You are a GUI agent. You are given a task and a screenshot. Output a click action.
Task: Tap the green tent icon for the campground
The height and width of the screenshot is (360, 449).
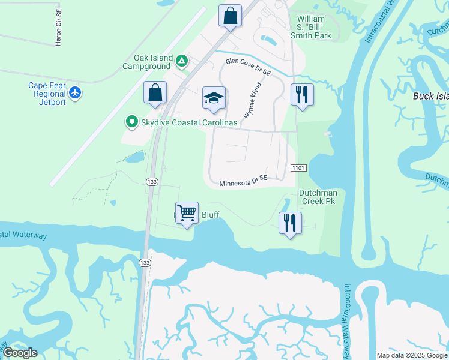click(182, 60)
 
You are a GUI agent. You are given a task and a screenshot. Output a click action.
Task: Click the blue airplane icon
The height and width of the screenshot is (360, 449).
click(75, 93)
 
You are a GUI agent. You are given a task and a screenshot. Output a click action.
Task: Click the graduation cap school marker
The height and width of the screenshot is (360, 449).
click(214, 99)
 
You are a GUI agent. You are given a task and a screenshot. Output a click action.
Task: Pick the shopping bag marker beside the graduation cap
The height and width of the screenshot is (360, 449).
click(155, 93)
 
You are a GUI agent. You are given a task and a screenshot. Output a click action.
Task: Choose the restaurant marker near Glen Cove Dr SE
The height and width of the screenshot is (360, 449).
click(302, 95)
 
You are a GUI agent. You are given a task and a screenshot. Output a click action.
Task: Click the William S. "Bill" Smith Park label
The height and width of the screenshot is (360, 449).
click(314, 27)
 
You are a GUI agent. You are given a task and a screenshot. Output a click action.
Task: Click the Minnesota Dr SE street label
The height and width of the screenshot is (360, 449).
click(243, 181)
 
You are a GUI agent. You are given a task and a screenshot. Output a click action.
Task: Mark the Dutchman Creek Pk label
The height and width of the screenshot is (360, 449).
click(318, 197)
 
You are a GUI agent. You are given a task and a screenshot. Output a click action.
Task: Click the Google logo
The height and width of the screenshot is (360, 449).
click(20, 353)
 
